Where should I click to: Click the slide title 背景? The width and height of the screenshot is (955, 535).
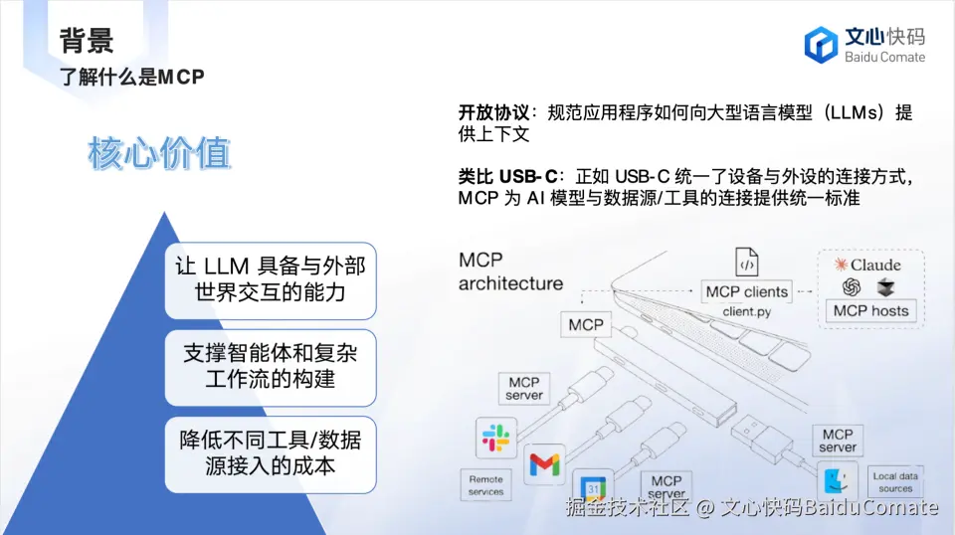87,41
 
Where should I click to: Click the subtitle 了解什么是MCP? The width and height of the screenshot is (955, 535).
131,78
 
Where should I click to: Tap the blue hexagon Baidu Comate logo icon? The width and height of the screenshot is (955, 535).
821,45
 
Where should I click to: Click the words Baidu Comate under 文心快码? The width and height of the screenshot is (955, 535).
884,58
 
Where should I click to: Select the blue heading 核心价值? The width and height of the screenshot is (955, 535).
159,153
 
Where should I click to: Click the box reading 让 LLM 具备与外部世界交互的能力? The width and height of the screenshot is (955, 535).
271,280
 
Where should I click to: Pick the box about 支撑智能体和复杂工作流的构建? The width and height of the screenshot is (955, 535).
271,368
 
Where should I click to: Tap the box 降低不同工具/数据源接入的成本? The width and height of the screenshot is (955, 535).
271,454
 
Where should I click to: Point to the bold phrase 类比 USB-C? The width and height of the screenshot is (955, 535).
507,176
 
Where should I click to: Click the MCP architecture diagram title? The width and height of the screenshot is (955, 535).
510,271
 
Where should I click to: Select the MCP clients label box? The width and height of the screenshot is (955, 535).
746,291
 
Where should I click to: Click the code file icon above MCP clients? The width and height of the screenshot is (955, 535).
747,262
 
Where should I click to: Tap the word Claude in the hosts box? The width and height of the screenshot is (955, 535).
875,265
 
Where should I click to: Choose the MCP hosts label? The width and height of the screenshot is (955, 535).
871,310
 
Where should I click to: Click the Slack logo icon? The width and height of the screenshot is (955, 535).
495,438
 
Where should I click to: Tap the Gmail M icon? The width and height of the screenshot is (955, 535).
544,464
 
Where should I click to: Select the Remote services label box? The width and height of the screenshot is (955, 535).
486,485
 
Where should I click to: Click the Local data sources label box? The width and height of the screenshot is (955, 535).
895,482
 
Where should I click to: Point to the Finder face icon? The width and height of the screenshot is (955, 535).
838,481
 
